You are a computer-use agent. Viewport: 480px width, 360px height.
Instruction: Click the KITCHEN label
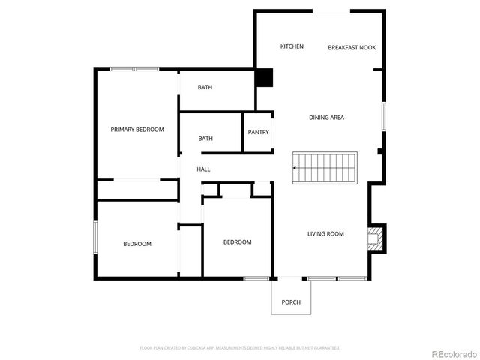(x=292, y=47)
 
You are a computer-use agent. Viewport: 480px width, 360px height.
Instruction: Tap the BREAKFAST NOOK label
(x=352, y=48)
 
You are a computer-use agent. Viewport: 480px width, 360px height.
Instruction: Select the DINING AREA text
(x=327, y=118)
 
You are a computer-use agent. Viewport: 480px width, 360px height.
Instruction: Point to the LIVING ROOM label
(x=325, y=234)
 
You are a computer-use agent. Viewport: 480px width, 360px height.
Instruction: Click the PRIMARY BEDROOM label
(x=137, y=130)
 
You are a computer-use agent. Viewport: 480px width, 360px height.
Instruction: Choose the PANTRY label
(x=258, y=133)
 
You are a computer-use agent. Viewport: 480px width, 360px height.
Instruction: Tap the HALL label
(x=203, y=169)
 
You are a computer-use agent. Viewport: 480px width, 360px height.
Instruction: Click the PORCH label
(x=291, y=302)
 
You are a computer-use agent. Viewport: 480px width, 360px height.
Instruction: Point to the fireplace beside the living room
(x=376, y=238)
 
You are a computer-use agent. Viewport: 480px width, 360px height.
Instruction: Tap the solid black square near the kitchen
(x=263, y=78)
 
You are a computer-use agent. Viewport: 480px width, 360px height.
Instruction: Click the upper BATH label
(x=205, y=88)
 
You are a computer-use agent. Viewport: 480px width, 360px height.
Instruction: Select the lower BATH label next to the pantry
(x=205, y=139)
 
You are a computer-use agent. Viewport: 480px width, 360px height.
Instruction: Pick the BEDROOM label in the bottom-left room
(x=137, y=244)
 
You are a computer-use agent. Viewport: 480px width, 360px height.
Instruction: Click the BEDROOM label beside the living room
(x=237, y=242)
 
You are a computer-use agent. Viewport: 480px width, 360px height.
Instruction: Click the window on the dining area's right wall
(x=382, y=116)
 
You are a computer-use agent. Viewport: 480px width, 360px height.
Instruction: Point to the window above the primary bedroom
(x=134, y=69)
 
